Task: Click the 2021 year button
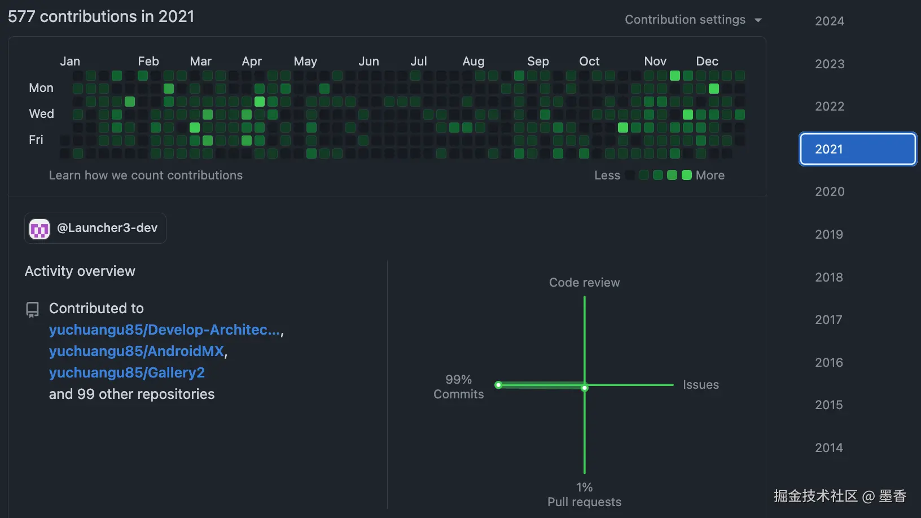pos(857,149)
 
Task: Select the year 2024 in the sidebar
pos(829,21)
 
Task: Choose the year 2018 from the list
pos(828,277)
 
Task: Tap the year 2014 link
pos(828,447)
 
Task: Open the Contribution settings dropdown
pos(693,20)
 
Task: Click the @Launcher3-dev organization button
pos(95,228)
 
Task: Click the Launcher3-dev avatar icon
pos(40,229)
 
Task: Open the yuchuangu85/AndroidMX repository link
pos(137,351)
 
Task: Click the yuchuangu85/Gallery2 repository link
pos(126,372)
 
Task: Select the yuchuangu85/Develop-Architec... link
pos(164,330)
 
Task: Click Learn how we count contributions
pos(146,175)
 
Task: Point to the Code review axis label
pos(584,282)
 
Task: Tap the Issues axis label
pos(700,385)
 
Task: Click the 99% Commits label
pos(458,387)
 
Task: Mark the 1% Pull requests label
pos(584,494)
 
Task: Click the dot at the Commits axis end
pos(498,385)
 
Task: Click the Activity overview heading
pos(80,271)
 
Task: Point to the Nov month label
pos(655,61)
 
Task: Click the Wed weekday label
pos(41,114)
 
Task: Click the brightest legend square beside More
pos(686,175)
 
